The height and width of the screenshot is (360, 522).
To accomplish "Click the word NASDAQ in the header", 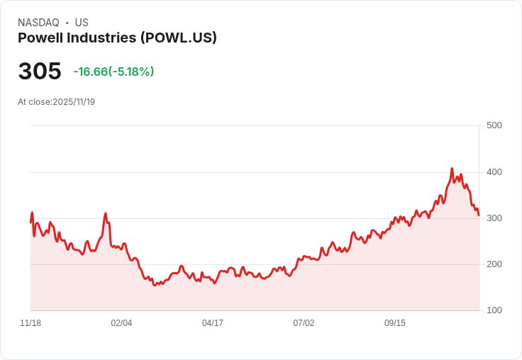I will (38, 23).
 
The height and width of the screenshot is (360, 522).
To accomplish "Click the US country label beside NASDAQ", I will (82, 23).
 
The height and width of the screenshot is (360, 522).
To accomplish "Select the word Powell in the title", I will (40, 38).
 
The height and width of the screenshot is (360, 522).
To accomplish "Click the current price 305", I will (40, 72).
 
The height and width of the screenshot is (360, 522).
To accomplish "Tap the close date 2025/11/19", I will (74, 102).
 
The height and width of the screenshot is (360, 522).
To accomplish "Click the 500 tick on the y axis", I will (494, 125).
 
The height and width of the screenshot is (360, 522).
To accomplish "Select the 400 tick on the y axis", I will (494, 172).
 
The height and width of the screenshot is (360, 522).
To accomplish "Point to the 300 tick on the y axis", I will (494, 218).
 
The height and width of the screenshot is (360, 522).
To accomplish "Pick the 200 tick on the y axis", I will (494, 264).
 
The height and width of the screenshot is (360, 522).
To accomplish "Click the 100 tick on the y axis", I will (494, 310).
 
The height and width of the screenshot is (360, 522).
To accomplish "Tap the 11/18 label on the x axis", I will (30, 323).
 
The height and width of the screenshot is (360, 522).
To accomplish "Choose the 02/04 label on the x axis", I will (121, 323).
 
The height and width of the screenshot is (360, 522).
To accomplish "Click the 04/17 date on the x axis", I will (213, 323).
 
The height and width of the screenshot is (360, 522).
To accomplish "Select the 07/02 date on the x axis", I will (304, 323).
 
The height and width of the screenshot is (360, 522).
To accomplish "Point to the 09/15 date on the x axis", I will (395, 323).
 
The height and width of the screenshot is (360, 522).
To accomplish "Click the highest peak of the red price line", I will (452, 169).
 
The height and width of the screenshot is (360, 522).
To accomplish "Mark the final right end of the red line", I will (479, 215).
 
